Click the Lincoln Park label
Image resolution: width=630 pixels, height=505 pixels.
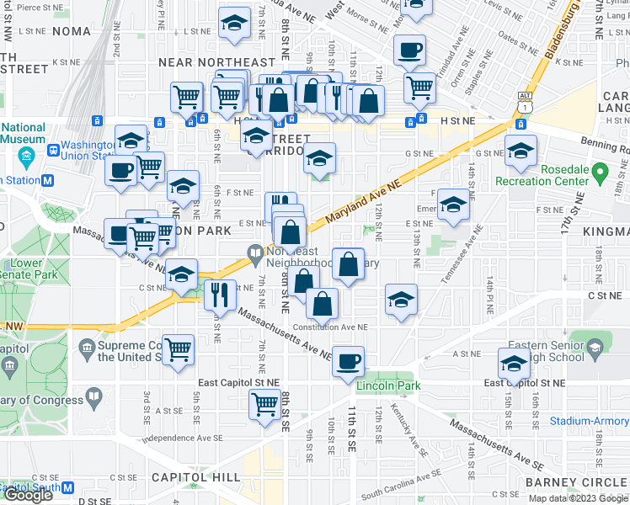coord(387,385)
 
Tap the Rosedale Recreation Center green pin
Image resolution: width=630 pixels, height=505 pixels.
coord(600,175)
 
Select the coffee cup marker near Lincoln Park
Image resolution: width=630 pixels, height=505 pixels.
coord(348,362)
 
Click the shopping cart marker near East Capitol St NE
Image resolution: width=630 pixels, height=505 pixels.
coord(265,405)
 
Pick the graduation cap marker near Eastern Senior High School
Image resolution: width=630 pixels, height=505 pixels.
coord(513,364)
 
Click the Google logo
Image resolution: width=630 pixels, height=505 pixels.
coord(29,496)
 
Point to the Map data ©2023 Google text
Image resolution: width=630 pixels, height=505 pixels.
coord(578,498)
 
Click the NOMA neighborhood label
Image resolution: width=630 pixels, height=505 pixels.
coord(71,31)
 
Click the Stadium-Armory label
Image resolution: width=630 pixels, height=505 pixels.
coord(589,421)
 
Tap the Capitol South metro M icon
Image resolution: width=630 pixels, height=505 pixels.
coord(67,487)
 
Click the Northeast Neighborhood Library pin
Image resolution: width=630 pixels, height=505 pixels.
coord(255,252)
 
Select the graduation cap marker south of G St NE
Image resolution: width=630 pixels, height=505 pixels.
coord(319,157)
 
